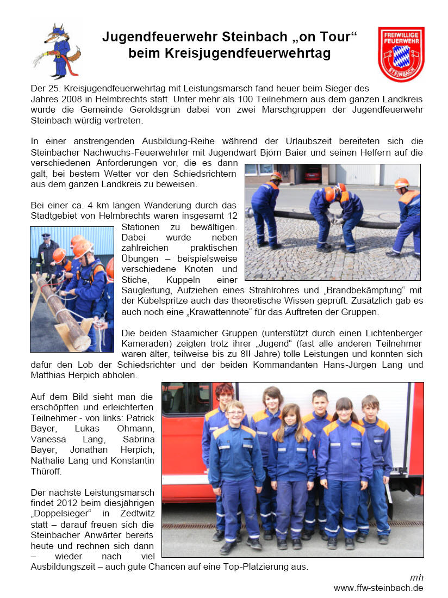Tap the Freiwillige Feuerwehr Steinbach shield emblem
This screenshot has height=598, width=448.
pos(401,54)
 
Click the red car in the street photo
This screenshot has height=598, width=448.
pos(312,174)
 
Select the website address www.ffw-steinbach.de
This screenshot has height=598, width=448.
pos(378,588)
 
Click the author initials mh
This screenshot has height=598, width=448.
pos(416,577)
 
